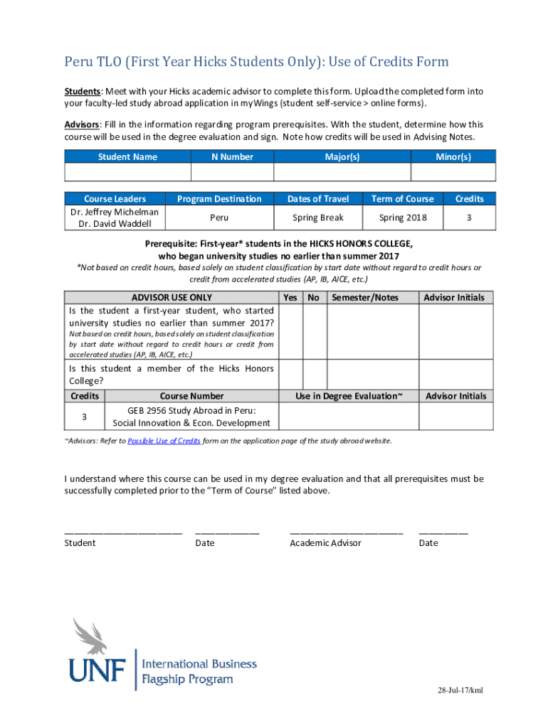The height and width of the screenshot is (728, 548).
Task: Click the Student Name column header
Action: coord(127,156)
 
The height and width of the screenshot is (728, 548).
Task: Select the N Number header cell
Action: coord(232,156)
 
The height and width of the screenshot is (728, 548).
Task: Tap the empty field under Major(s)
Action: coord(342,173)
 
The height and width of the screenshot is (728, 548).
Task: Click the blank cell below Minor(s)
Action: coord(453,173)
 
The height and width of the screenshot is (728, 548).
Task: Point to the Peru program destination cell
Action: coord(219,218)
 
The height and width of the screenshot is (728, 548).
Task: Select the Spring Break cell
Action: coord(317,218)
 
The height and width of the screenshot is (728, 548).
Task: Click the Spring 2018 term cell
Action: coord(403,218)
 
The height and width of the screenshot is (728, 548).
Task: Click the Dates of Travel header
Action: coord(317,199)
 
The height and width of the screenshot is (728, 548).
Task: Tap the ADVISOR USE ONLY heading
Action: coord(172,297)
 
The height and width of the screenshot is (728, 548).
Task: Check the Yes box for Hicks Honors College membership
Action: coord(290,374)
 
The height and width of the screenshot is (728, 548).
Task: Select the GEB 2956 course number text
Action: coord(191,410)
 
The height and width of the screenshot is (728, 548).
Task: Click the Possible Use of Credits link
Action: coord(164,441)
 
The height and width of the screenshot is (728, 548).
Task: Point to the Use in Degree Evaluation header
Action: coord(349,396)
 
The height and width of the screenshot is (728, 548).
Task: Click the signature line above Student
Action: coord(123,531)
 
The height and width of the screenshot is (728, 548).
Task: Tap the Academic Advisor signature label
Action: coord(325,543)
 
